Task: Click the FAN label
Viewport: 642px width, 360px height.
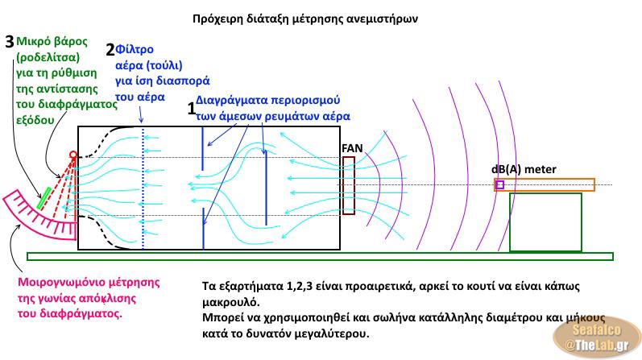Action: (351, 148)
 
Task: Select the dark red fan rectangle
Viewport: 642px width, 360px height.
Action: (348, 185)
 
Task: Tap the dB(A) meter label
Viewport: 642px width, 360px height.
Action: (524, 169)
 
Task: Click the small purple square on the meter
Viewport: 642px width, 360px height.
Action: (499, 184)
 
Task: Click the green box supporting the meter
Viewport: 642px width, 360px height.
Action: (545, 221)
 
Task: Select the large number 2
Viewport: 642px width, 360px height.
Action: (111, 49)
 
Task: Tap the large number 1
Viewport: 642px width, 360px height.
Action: (192, 109)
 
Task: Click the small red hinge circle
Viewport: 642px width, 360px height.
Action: (73, 154)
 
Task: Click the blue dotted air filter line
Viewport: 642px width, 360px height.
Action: (143, 185)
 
